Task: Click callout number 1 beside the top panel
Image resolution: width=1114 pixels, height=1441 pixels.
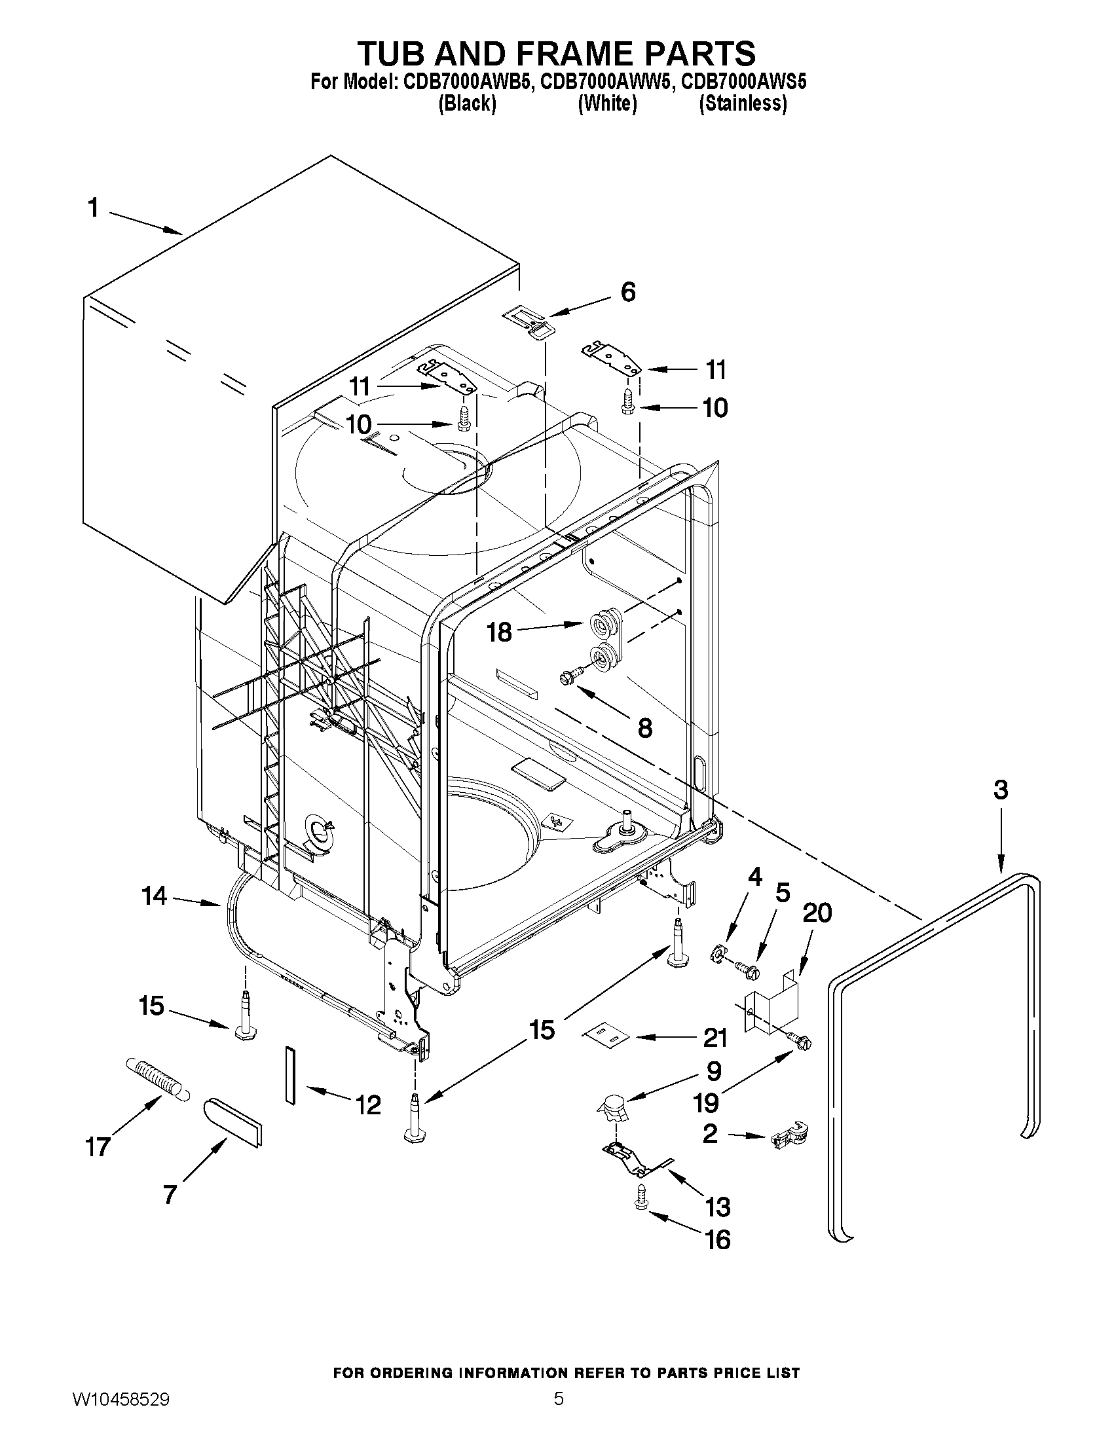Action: point(93,208)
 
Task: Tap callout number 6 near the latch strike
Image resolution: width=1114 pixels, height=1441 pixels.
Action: point(627,292)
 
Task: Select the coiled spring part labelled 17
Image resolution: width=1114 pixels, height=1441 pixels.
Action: point(154,1076)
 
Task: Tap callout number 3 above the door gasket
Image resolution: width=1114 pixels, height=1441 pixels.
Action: point(1001,790)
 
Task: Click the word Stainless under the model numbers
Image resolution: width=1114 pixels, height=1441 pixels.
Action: point(743,103)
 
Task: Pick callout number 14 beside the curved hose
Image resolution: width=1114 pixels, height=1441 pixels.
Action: point(154,896)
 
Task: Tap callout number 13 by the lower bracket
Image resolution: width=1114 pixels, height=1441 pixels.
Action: point(717,1207)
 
